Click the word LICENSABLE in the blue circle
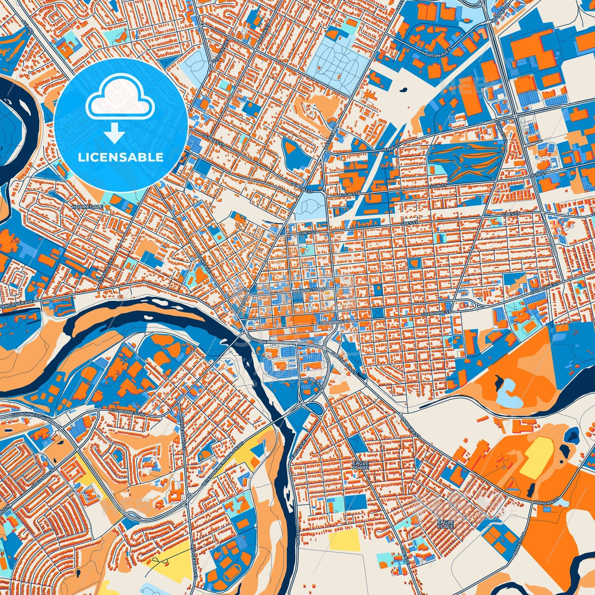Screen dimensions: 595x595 pos(121,157)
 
